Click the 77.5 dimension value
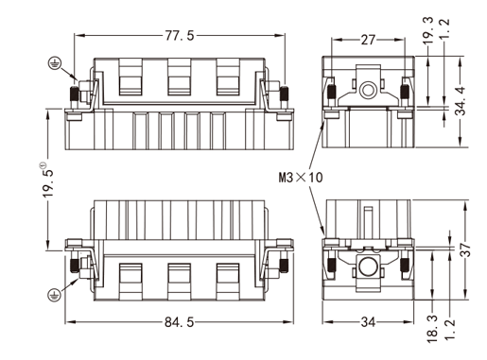(x=180, y=36)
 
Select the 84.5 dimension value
(x=180, y=322)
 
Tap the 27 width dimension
(x=368, y=40)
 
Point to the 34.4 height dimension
(x=461, y=101)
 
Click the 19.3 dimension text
(x=427, y=30)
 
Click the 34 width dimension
(x=368, y=322)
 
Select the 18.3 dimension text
(x=432, y=329)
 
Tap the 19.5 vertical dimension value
(x=48, y=180)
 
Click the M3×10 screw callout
(x=301, y=178)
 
